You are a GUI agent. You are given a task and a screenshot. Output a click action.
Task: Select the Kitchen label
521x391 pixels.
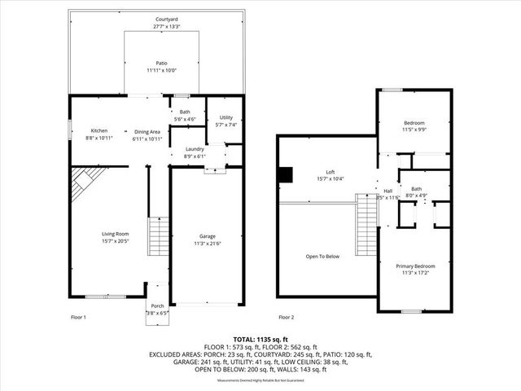(99, 130)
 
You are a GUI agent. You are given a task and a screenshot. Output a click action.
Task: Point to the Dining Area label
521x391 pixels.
(147, 131)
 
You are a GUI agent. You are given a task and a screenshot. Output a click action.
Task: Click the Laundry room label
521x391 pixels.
(194, 149)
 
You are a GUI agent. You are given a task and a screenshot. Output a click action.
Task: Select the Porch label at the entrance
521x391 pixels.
(156, 306)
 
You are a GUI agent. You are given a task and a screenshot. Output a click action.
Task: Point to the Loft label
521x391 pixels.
(331, 172)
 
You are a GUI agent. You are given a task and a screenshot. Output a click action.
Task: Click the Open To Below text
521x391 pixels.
(322, 257)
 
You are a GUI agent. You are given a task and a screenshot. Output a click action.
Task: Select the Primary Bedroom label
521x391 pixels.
(415, 266)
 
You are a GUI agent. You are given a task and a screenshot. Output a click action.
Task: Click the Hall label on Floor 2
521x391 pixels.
(388, 191)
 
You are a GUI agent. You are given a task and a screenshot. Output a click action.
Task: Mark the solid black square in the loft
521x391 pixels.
(285, 175)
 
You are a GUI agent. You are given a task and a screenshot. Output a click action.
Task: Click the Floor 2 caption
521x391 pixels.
(286, 317)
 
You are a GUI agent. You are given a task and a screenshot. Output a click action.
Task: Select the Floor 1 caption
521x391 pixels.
(79, 317)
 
